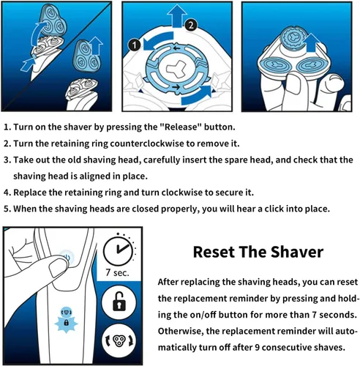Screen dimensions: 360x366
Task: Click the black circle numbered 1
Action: click(135, 45)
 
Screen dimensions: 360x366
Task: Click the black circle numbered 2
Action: click(191, 26)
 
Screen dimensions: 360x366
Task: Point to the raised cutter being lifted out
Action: click(293, 37)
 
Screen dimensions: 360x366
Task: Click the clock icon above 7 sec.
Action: click(119, 250)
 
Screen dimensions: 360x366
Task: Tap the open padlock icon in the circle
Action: click(119, 302)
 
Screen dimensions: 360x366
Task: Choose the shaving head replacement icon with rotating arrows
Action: click(119, 340)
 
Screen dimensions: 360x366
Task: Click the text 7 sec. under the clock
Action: click(117, 272)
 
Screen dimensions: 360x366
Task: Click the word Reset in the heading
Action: click(214, 252)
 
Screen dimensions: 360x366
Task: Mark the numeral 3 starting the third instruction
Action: click(7, 160)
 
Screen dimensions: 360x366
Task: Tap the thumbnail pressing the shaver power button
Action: click(58, 266)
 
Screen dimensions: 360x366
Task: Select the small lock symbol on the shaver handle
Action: click(66, 323)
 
